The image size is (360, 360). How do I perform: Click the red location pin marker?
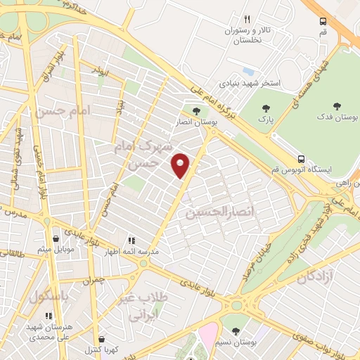click(181, 165)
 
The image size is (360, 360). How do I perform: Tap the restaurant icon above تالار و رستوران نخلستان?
click(246, 19)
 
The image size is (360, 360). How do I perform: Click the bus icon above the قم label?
click(322, 21)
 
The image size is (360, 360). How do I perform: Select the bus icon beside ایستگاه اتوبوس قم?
click(301, 158)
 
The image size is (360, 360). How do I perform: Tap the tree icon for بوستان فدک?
click(337, 106)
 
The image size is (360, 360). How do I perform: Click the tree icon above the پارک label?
click(265, 108)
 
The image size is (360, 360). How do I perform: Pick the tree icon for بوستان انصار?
click(195, 110)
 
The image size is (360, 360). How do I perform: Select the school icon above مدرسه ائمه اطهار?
click(131, 240)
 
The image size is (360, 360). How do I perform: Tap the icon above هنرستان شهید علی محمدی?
click(48, 316)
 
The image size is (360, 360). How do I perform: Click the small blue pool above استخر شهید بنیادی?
click(247, 71)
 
